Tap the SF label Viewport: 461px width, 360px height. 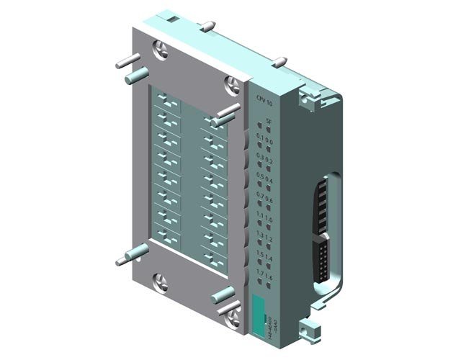(269, 122)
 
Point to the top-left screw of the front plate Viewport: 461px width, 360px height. (160, 53)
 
